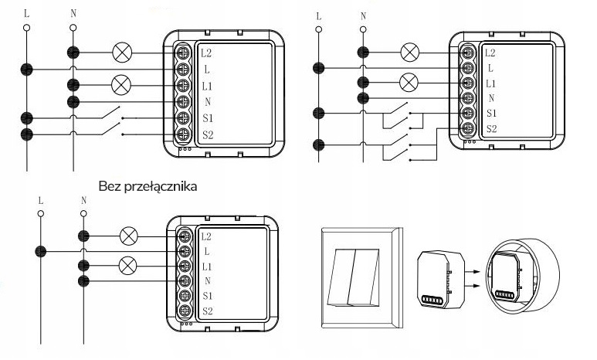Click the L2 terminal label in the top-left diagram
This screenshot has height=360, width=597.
206,53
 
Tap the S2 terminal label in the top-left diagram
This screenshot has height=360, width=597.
207,134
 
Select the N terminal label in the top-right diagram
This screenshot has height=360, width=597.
491,97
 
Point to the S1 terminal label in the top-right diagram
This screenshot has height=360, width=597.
491,113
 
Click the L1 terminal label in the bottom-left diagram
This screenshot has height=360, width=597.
206,266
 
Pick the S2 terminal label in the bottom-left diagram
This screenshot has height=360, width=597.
206,311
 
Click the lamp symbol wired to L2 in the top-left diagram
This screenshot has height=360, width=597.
122,53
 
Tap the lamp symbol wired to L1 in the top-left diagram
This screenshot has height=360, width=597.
122,83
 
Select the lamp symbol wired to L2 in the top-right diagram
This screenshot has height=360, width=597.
410,53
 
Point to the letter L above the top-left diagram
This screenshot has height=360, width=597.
27,13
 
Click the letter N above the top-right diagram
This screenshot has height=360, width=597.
363,15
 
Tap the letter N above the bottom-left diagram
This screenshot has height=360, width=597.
83,199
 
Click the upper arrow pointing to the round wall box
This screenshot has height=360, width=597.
470,272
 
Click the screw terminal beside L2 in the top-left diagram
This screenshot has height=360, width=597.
185,53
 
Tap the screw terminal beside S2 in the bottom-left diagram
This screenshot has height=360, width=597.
185,311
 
